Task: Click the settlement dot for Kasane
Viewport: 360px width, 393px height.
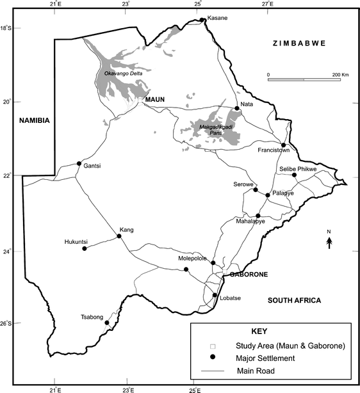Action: pyautogui.click(x=202, y=20)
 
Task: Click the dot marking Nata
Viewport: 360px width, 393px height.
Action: pyautogui.click(x=237, y=108)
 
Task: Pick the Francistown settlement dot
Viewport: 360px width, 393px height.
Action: pyautogui.click(x=283, y=145)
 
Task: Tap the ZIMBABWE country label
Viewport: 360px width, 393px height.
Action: pyautogui.click(x=299, y=43)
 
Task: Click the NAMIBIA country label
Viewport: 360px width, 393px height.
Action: pyautogui.click(x=37, y=121)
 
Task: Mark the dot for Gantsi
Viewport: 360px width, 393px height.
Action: pyautogui.click(x=79, y=163)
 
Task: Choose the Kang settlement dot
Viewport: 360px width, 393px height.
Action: pyautogui.click(x=119, y=236)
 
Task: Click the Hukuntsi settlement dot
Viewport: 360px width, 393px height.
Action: pyautogui.click(x=85, y=248)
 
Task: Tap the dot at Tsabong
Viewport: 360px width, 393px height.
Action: pyautogui.click(x=106, y=323)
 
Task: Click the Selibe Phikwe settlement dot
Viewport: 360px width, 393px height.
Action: pyautogui.click(x=294, y=175)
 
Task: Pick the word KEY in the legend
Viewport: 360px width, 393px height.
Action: pyautogui.click(x=269, y=332)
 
